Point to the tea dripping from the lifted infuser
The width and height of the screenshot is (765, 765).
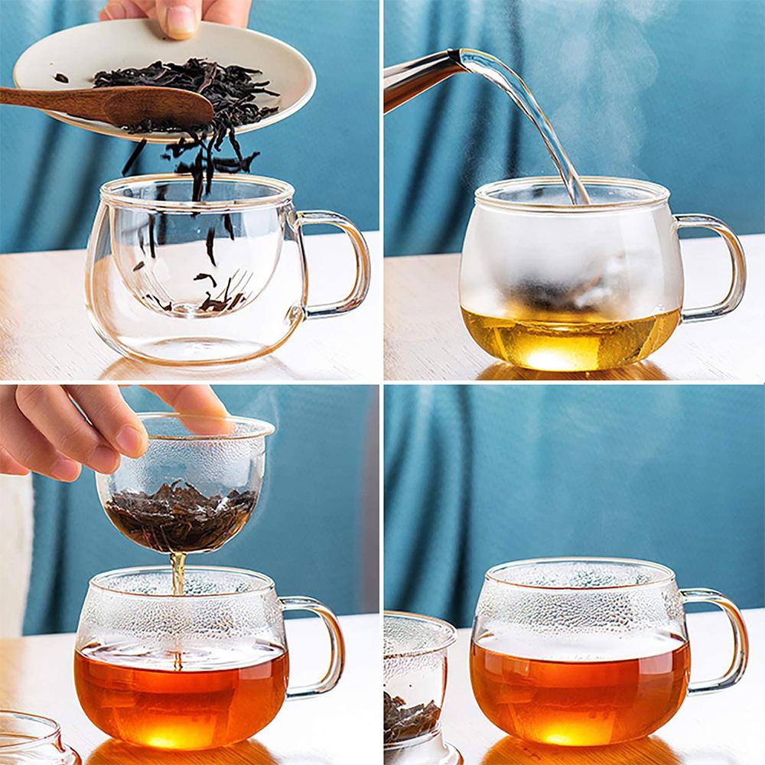(177, 574)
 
